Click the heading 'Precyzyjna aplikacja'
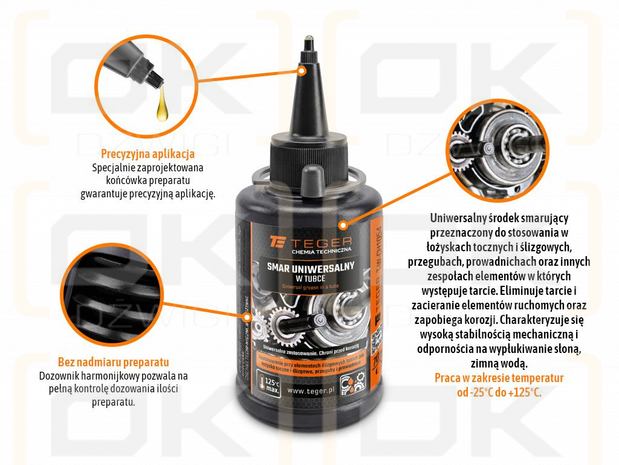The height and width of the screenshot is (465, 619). (147, 154)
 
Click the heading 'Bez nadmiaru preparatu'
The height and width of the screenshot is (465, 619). (113, 363)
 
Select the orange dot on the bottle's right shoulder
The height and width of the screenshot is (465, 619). (343, 225)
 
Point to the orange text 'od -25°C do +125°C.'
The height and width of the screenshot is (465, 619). (499, 392)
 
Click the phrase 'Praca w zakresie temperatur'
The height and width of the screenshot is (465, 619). (499, 378)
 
